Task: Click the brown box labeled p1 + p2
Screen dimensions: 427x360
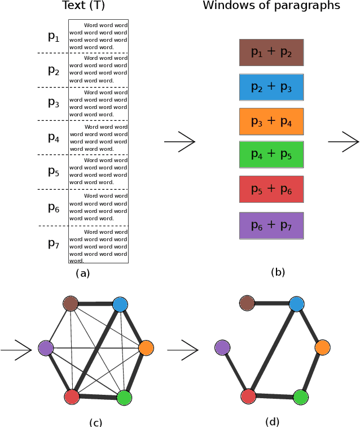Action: [x=271, y=53]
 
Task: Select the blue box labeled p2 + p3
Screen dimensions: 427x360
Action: [x=271, y=87]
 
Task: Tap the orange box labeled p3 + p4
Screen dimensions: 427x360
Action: [x=271, y=121]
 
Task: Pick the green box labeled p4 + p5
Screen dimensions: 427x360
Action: [x=271, y=155]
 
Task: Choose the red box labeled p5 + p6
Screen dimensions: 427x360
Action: [x=271, y=189]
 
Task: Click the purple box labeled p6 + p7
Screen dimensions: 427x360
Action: [x=271, y=225]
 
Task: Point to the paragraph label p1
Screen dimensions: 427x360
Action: [x=54, y=37]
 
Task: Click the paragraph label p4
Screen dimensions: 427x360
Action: [x=54, y=137]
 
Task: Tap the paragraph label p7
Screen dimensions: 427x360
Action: [x=54, y=244]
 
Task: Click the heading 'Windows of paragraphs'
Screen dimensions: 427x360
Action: [x=271, y=6]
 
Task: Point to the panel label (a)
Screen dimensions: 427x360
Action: [x=82, y=273]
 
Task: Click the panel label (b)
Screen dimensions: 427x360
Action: [x=278, y=272]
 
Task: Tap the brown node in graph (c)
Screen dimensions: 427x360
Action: [x=71, y=304]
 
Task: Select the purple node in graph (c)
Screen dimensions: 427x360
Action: [x=45, y=348]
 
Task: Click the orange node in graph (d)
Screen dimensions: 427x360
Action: [x=322, y=347]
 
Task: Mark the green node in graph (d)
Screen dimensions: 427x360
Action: [x=301, y=397]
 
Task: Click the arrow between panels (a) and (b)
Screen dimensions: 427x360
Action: [x=180, y=142]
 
